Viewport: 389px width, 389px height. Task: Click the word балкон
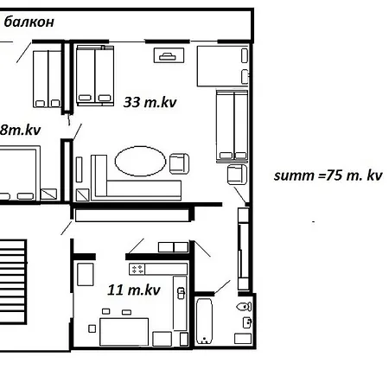coord(29,22)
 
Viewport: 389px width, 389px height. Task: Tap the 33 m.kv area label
coord(150,102)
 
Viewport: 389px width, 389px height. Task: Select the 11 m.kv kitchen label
coord(134,290)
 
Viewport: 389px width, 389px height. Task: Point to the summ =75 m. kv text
coord(328,175)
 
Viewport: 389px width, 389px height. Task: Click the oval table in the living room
coord(140,161)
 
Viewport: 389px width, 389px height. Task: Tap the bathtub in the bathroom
coord(204,321)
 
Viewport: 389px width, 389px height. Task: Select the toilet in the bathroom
coord(244,307)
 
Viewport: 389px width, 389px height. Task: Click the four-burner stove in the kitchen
coord(137,269)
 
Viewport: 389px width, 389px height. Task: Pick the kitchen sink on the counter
coord(181,293)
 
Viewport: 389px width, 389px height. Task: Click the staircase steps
coord(13,282)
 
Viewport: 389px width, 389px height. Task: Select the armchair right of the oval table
coord(179,163)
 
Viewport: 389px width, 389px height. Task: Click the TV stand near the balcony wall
coord(169,55)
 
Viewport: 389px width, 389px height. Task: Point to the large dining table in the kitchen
coord(124,332)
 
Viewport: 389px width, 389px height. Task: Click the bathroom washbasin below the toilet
coord(247,322)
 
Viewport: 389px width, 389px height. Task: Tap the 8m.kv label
coord(20,130)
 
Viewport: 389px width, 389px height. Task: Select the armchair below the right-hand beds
coord(237,175)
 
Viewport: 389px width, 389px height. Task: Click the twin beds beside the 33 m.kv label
coord(95,75)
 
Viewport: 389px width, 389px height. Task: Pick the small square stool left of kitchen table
coord(92,328)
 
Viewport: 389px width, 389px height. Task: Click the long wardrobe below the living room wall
coord(132,215)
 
